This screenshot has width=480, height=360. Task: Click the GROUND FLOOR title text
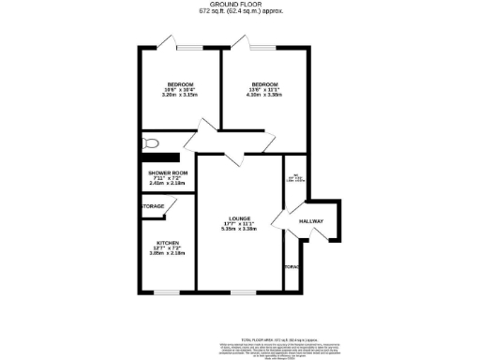(240, 6)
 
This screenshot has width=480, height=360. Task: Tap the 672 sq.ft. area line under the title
(240, 12)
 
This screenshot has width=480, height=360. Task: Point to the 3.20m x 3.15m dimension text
(180, 95)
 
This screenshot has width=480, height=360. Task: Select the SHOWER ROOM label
(169, 172)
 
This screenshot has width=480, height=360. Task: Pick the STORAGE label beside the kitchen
(153, 206)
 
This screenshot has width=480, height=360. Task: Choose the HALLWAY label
(311, 221)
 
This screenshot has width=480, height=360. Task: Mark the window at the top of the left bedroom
(187, 46)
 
